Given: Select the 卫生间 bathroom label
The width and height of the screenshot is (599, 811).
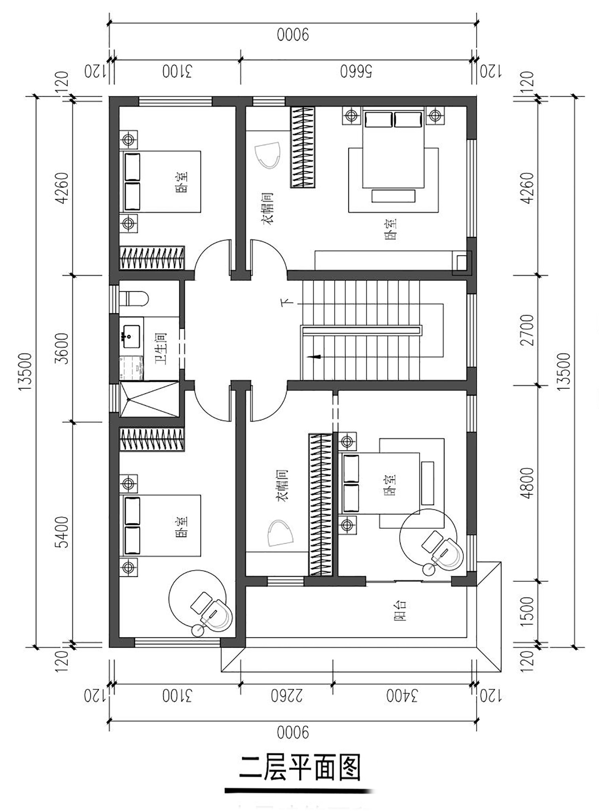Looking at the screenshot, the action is [x=161, y=348].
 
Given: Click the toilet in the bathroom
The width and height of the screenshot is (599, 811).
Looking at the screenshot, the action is [x=135, y=299].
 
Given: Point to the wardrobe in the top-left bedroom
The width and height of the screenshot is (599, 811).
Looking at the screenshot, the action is [x=152, y=258].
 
